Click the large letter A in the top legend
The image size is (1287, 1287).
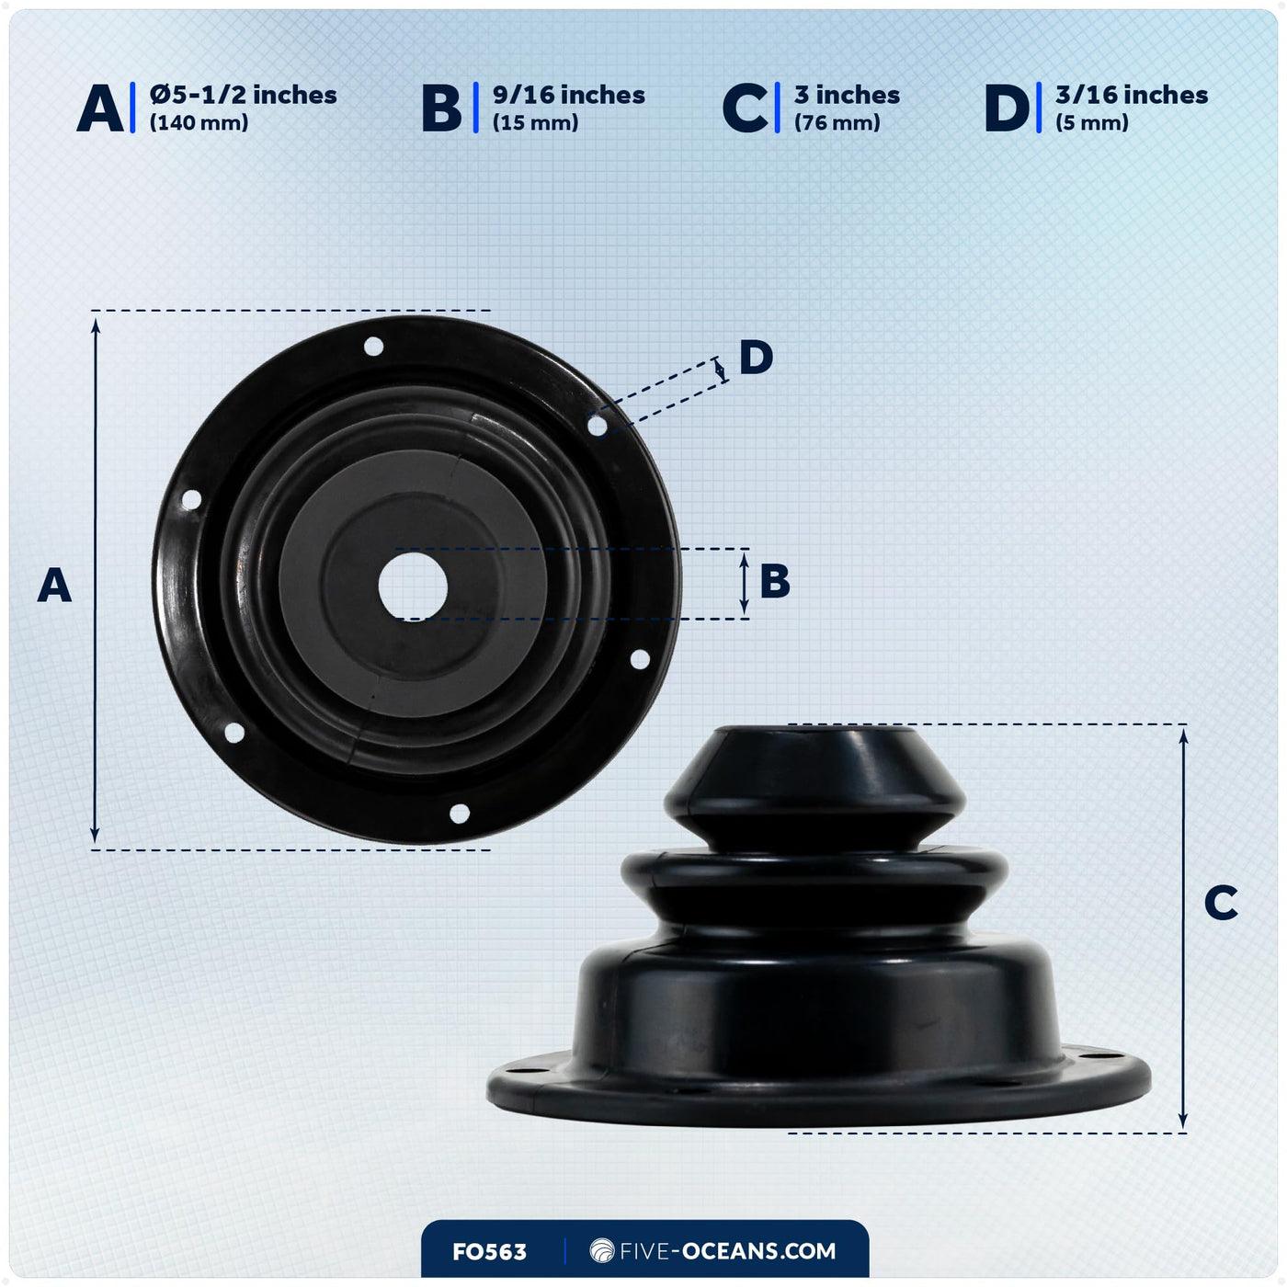(x=100, y=108)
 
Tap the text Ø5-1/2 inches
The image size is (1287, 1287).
(x=243, y=95)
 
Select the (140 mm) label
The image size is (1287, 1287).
(x=199, y=123)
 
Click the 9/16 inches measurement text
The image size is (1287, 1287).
(x=569, y=95)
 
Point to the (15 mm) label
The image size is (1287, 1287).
(x=536, y=123)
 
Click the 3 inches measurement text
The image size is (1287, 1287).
(x=847, y=95)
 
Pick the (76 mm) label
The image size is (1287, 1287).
(x=837, y=123)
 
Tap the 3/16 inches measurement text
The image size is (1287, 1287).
(x=1132, y=95)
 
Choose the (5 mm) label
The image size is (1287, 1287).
(x=1092, y=123)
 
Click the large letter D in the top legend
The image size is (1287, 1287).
(x=1008, y=108)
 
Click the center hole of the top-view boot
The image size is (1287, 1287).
(x=413, y=586)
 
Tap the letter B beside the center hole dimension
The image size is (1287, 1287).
(x=775, y=581)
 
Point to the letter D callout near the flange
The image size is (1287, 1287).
(x=756, y=358)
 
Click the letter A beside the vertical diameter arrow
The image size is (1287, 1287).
(x=54, y=585)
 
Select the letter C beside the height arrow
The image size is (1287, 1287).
(x=1221, y=903)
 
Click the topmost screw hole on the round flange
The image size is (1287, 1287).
(x=373, y=346)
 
